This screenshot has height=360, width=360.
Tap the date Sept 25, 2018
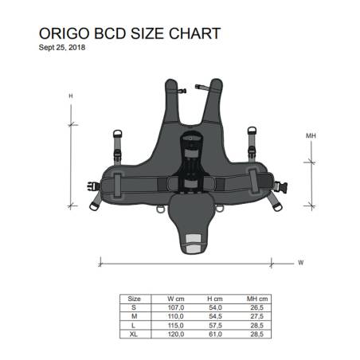tap(62, 47)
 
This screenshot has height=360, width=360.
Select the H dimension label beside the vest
tap(70, 96)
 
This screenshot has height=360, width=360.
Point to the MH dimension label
tap(311, 136)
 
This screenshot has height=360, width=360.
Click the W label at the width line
tap(300, 261)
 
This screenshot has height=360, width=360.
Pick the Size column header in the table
tap(135, 299)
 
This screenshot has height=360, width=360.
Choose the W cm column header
tap(174, 299)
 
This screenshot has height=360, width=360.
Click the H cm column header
tap(215, 299)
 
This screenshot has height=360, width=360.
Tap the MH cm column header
tap(256, 299)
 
